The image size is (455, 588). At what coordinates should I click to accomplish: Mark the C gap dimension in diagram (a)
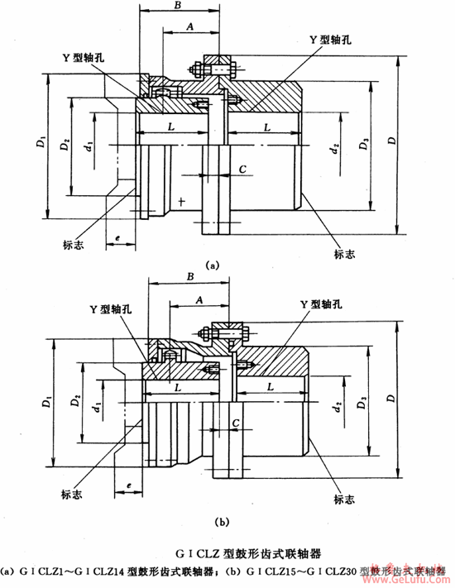click(x=242, y=170)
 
